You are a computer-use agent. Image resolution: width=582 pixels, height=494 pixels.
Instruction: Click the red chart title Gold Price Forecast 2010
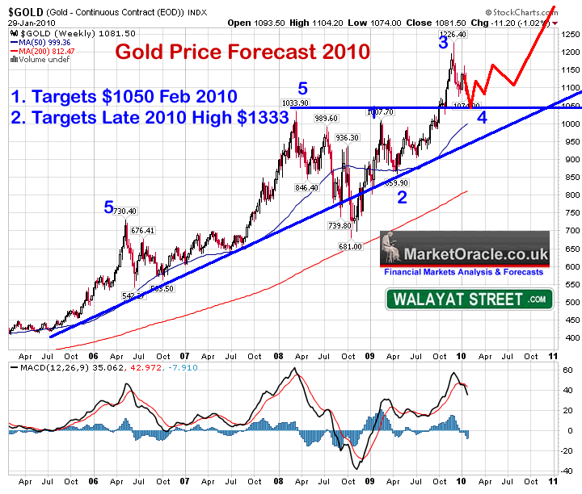[242, 52]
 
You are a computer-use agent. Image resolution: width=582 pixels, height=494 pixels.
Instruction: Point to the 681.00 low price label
[350, 246]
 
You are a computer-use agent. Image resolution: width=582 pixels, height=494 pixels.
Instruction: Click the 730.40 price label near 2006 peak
[125, 211]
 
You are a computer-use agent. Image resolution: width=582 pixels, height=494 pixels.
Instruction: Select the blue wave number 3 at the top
[443, 44]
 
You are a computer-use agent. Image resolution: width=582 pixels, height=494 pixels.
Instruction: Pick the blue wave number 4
[482, 116]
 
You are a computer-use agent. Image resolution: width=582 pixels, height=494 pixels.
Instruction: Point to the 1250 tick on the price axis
[571, 34]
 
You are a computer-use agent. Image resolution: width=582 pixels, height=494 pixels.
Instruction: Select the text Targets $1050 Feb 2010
[133, 97]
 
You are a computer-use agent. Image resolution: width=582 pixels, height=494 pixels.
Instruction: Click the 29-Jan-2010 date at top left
[26, 22]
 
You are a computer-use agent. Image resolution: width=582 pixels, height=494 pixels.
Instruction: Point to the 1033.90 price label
[297, 103]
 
